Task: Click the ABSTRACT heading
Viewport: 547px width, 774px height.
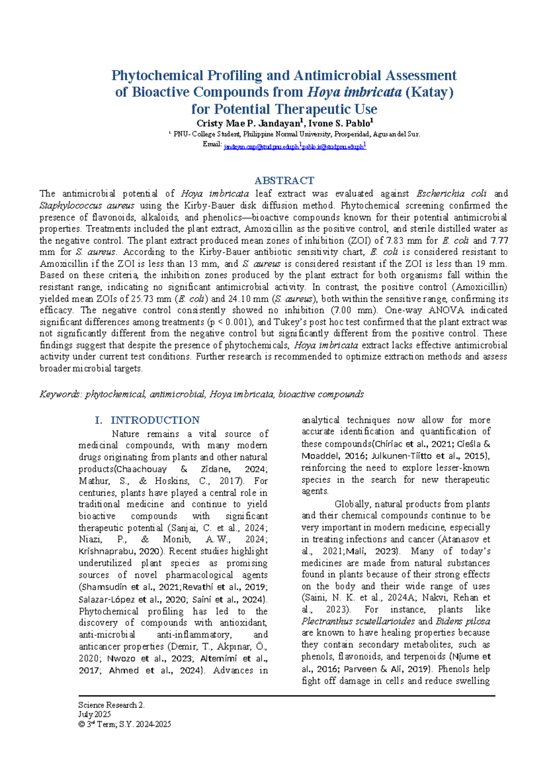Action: tap(284, 180)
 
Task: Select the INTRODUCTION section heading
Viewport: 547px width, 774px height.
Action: tap(155, 420)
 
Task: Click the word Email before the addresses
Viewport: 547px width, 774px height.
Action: tap(212, 144)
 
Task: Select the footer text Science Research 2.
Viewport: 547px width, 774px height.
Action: tap(111, 705)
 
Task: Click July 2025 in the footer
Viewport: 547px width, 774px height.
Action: tap(94, 715)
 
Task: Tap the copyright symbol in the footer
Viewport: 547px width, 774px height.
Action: tap(81, 724)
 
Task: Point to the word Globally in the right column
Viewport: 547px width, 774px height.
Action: tap(352, 504)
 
